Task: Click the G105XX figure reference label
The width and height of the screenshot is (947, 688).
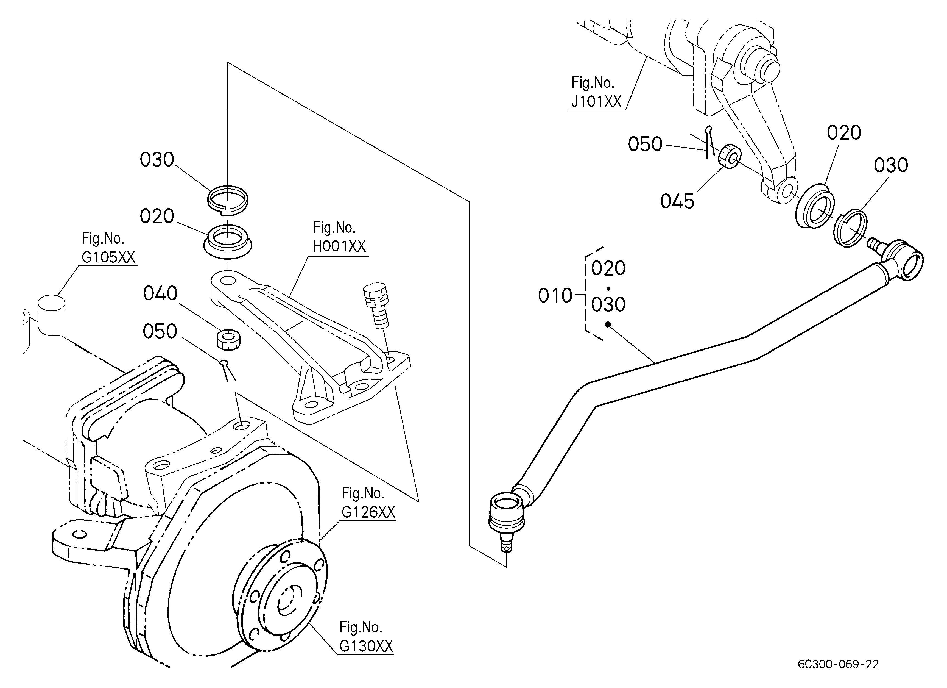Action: [108, 248]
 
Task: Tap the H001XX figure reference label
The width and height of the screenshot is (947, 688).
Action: [339, 237]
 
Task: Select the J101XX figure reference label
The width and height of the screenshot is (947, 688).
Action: [596, 92]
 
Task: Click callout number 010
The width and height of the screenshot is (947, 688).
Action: [555, 296]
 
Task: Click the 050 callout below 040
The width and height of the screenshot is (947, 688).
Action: [160, 331]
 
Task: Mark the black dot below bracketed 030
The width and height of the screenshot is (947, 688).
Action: [608, 324]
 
